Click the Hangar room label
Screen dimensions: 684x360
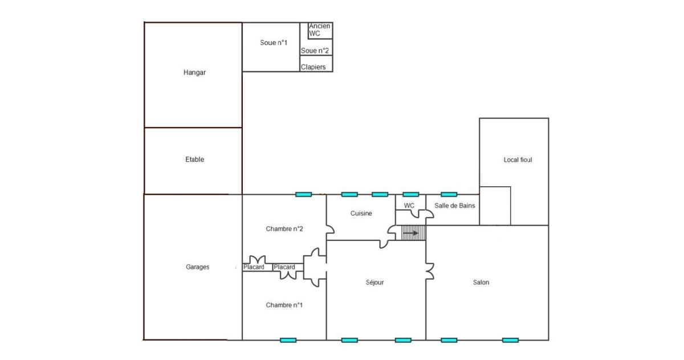click(x=194, y=72)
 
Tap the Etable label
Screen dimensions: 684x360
click(x=194, y=159)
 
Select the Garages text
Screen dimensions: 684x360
click(x=198, y=267)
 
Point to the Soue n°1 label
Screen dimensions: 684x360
click(x=274, y=43)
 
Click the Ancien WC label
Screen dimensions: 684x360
click(x=319, y=30)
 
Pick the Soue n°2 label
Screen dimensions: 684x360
click(x=315, y=51)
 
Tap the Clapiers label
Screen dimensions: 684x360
click(x=313, y=67)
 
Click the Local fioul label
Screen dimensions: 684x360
click(x=518, y=160)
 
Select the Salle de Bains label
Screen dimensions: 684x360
click(x=455, y=206)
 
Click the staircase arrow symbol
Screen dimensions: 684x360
click(x=411, y=234)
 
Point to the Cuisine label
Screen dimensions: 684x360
click(x=361, y=213)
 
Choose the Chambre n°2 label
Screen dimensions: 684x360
click(x=284, y=229)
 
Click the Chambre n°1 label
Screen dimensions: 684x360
click(x=284, y=305)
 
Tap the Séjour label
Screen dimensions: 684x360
click(x=375, y=283)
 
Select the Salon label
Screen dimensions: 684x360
click(x=481, y=283)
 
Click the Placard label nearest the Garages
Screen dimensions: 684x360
click(x=254, y=267)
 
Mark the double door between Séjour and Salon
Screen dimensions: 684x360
click(x=430, y=272)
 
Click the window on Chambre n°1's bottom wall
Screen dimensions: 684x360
click(x=288, y=340)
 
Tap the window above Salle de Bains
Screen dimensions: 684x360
click(x=449, y=194)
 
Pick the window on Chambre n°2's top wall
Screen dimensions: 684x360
click(x=303, y=194)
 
